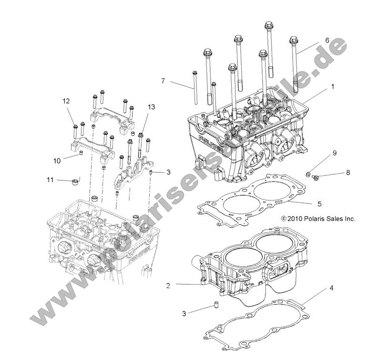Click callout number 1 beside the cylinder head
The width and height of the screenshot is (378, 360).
(333, 87)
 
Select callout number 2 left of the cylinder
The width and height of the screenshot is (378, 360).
(168, 286)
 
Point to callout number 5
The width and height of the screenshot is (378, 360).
(319, 204)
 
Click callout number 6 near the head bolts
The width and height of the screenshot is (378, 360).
(327, 41)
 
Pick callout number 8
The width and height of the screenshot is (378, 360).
(348, 172)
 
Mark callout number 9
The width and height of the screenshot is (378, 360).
(335, 153)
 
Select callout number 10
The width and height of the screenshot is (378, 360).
(57, 160)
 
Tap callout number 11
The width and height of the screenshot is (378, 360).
(50, 180)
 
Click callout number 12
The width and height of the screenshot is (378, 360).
(66, 100)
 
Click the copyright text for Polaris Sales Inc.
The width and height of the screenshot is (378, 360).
(318, 219)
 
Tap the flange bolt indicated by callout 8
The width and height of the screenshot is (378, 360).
(315, 178)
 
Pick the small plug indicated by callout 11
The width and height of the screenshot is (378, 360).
(74, 181)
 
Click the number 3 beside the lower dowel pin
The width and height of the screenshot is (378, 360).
(184, 313)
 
